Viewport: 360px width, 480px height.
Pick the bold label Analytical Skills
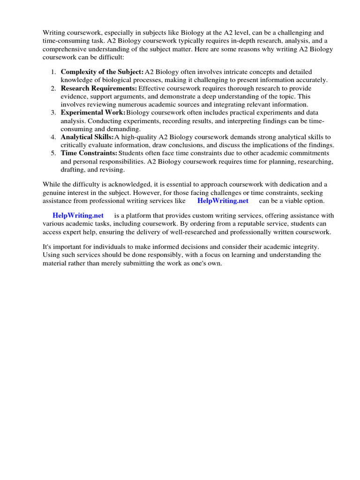pyautogui.click(x=87, y=137)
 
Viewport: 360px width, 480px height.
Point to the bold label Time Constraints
pyautogui.click(x=89, y=153)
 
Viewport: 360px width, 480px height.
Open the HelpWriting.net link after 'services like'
pyautogui.click(x=223, y=201)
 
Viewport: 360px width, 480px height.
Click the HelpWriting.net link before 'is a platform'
pyautogui.click(x=78, y=216)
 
